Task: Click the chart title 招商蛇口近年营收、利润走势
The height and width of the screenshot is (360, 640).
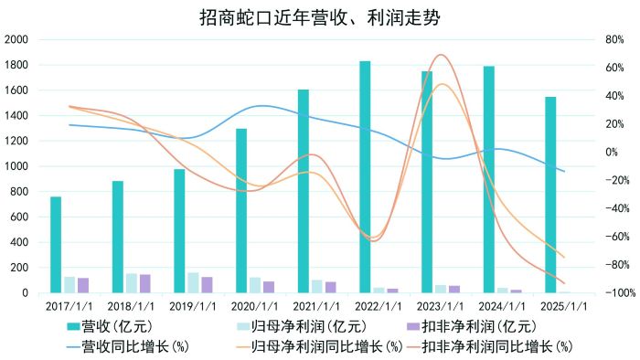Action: [x=319, y=16]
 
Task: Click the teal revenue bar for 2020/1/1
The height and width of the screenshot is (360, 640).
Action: [x=241, y=210]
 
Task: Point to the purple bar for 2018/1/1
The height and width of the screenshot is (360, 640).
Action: [x=144, y=283]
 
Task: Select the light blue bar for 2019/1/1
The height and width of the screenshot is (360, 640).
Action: [x=193, y=282]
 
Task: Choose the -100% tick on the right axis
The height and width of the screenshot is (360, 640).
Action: [x=610, y=292]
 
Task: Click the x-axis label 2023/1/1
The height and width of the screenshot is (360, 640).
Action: [x=441, y=308]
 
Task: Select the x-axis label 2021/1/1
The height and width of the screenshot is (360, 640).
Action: [x=317, y=308]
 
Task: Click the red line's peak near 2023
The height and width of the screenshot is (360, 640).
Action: [x=441, y=55]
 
